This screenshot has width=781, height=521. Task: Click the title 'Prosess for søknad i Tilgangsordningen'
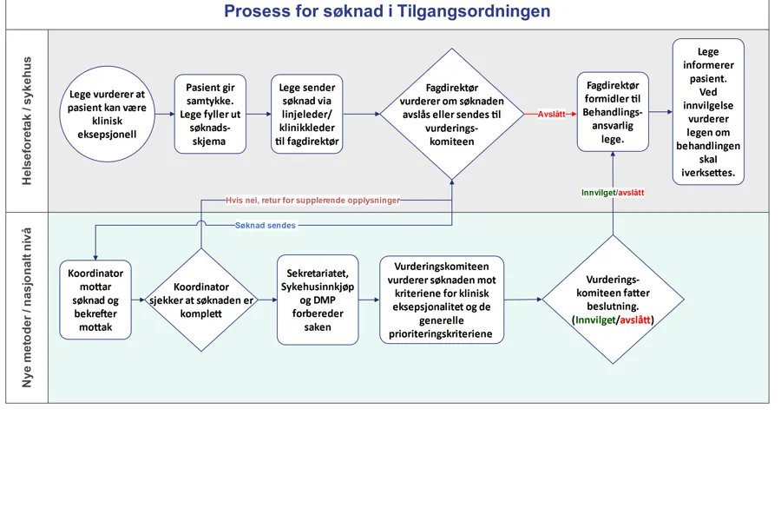tap(387, 12)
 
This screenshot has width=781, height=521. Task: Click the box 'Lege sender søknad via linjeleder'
tap(308, 114)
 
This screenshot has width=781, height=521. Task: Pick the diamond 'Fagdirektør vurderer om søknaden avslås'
tap(451, 114)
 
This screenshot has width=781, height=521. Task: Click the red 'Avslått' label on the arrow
tap(551, 114)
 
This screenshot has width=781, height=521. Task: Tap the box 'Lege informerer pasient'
tap(708, 113)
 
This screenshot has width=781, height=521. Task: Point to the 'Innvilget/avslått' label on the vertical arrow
tap(613, 193)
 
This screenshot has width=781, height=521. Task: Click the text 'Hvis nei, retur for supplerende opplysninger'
tap(312, 200)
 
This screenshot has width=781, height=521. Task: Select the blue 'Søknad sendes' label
tap(265, 226)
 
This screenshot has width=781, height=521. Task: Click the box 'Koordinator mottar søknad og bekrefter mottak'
tap(95, 300)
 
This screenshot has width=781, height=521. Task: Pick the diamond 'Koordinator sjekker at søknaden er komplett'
tap(201, 300)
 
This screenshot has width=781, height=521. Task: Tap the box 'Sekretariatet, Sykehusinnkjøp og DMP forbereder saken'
tap(318, 300)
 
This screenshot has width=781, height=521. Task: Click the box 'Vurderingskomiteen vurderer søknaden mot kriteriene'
tap(442, 300)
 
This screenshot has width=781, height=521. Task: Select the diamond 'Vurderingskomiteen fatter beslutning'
tap(613, 300)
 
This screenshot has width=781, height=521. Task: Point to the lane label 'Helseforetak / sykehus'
tap(26, 121)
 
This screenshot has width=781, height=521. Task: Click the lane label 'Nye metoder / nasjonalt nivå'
tap(26, 308)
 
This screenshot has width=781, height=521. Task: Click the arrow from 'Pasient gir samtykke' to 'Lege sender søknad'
tap(258, 114)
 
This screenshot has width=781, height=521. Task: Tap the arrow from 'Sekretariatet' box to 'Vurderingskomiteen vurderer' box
tap(369, 300)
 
